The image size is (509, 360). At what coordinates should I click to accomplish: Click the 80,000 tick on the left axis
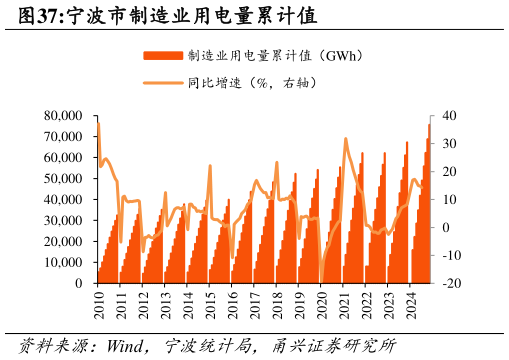(64, 116)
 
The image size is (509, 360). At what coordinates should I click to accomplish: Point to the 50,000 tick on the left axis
(64, 179)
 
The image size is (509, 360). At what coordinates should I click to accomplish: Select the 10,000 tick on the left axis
(64, 262)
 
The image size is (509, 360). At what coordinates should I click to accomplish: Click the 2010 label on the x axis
(98, 305)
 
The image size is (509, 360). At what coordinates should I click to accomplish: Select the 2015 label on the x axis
(210, 305)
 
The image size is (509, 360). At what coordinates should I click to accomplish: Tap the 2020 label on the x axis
(321, 305)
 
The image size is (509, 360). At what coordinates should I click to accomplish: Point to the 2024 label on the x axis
(410, 305)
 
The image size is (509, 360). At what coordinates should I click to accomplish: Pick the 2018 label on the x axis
(277, 305)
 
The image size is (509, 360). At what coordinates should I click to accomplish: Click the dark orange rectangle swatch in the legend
(163, 55)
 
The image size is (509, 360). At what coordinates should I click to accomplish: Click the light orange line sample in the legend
(163, 83)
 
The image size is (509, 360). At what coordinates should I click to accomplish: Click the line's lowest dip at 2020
(320, 281)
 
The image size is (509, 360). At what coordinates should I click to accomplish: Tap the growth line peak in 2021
(345, 139)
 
